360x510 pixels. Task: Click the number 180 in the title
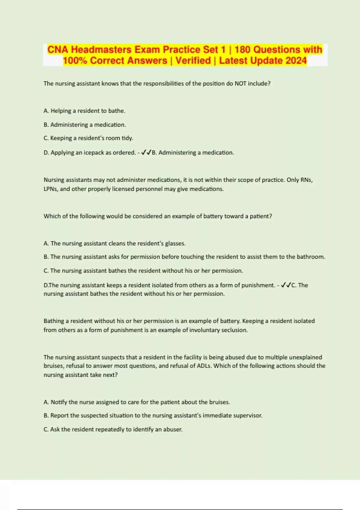[243, 49]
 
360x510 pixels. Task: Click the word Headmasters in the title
[101, 49]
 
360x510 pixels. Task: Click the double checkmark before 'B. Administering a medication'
[146, 153]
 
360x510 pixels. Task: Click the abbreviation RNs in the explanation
[306, 180]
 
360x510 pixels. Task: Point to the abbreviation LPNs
[50, 189]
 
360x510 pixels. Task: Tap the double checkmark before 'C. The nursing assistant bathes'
[286, 285]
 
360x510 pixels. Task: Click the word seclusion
[234, 330]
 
